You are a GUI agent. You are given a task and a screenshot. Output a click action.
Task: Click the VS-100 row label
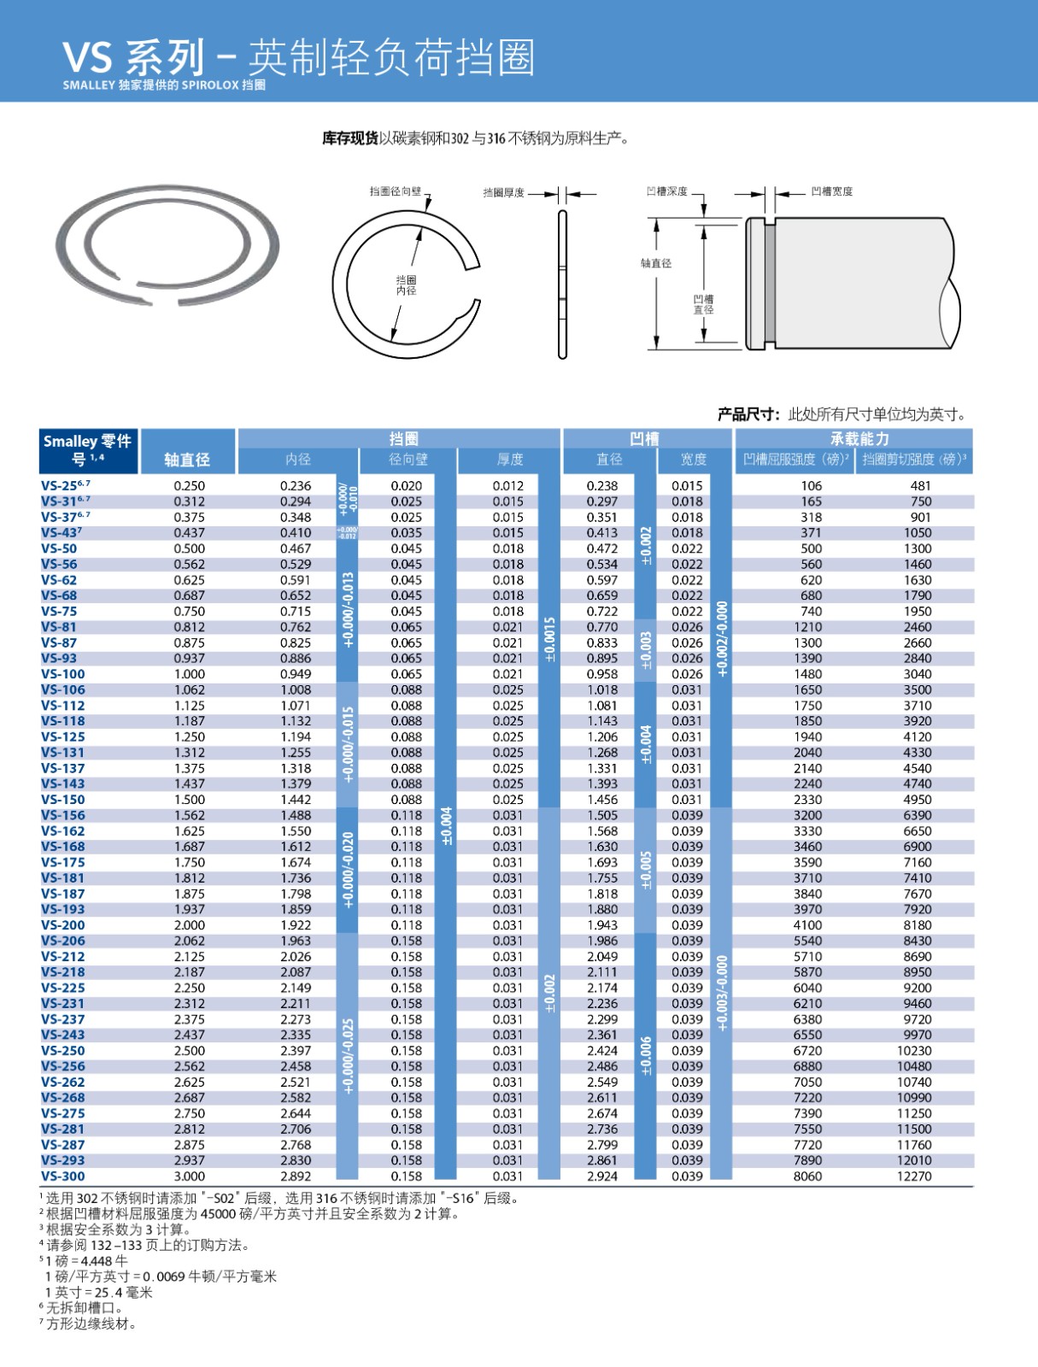click(x=63, y=674)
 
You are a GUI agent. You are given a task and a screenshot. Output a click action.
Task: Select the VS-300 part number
click(x=63, y=1176)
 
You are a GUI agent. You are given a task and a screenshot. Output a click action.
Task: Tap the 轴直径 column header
click(x=187, y=460)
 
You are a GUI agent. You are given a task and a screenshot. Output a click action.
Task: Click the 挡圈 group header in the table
click(x=403, y=438)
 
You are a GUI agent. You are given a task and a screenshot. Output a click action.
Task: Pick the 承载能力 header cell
click(x=859, y=438)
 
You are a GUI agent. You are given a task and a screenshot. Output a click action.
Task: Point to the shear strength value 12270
click(x=914, y=1176)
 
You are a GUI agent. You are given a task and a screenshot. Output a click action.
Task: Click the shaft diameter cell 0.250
click(x=189, y=485)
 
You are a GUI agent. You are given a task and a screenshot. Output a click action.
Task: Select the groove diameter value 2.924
click(x=602, y=1176)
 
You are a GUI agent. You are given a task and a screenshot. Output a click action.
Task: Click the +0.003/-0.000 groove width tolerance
click(x=722, y=993)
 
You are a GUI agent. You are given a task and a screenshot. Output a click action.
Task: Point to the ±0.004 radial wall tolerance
click(x=446, y=826)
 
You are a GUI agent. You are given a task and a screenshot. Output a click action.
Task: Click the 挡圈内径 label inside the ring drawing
click(x=406, y=285)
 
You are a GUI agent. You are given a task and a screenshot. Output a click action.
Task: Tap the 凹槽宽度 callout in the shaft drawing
click(x=831, y=191)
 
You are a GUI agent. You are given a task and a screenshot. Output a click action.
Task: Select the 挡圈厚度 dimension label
click(x=503, y=193)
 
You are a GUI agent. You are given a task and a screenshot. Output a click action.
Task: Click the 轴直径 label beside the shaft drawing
click(x=656, y=263)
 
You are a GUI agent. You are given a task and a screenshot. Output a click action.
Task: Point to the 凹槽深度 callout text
click(x=666, y=191)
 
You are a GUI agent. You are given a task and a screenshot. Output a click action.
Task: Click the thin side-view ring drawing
click(x=562, y=285)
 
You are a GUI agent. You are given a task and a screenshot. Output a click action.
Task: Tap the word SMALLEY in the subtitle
click(x=89, y=85)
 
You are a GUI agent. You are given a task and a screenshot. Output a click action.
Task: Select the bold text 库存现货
click(x=350, y=138)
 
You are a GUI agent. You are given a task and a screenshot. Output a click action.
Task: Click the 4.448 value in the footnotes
click(x=96, y=1261)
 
